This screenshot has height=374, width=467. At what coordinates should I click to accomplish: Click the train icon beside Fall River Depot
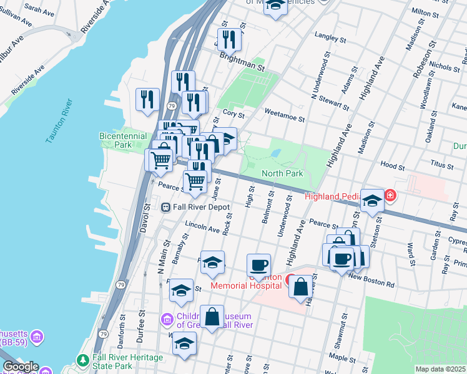point(167,207)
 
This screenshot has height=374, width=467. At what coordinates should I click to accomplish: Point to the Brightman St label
point(242,60)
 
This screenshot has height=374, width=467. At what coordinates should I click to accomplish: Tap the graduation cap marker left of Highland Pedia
point(372,200)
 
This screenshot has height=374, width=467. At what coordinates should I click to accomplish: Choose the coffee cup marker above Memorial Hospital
point(258,264)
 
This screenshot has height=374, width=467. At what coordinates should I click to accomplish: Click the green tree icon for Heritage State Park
point(82,360)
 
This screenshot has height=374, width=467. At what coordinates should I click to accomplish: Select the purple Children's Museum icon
point(167,320)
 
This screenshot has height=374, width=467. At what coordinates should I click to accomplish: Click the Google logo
point(21,367)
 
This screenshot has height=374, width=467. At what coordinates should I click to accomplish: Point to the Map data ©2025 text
point(440,369)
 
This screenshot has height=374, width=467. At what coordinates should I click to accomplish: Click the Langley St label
point(331,38)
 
